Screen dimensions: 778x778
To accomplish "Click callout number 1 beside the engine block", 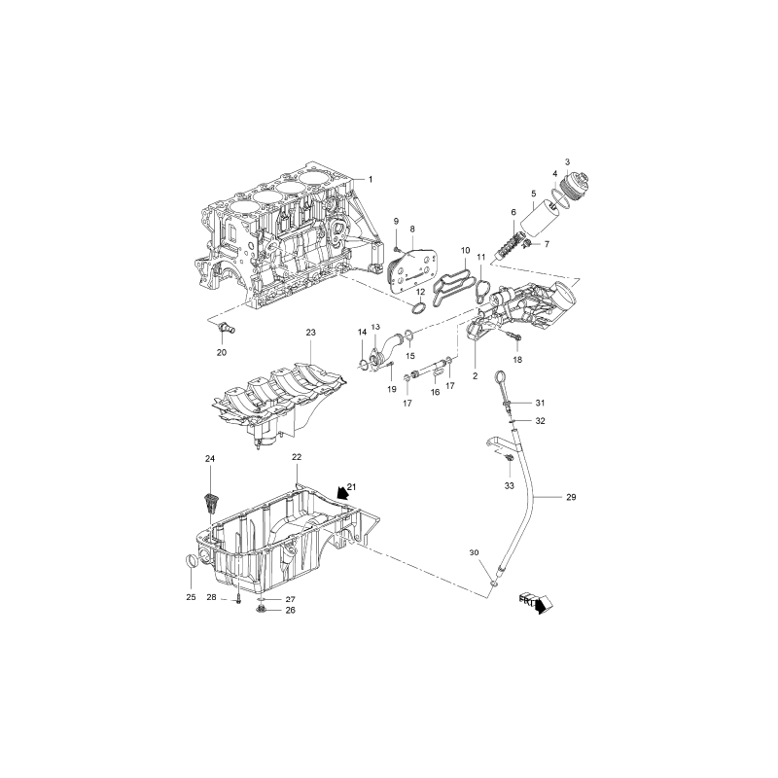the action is [x=371, y=179].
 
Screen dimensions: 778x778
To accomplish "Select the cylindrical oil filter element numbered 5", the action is [x=540, y=220].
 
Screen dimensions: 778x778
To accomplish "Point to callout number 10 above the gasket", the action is [x=466, y=251].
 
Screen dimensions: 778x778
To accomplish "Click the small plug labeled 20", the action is [x=227, y=328].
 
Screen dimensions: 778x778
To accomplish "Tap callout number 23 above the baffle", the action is [x=310, y=333].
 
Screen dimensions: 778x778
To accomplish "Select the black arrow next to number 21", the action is [x=341, y=492].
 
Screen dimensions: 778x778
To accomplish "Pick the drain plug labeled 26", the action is [x=261, y=610].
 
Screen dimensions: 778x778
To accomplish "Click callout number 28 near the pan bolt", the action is [x=211, y=597].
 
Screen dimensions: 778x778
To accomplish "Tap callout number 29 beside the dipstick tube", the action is [x=571, y=497].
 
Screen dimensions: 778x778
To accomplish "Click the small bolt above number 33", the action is [x=508, y=458].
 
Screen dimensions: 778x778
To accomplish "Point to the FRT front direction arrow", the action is [x=537, y=603].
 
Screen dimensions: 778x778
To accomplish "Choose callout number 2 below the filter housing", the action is [x=475, y=376].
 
